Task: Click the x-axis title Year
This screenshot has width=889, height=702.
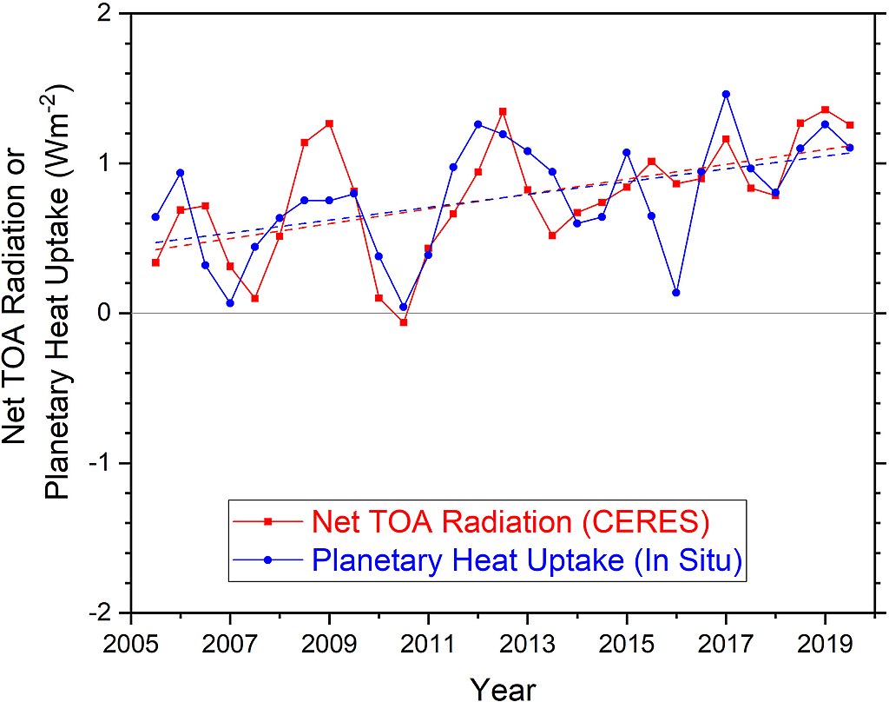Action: pos(504,688)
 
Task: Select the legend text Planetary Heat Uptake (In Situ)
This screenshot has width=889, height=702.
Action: pos(527,561)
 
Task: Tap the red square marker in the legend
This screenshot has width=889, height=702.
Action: pos(268,521)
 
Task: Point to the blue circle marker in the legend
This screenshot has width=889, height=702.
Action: pos(268,561)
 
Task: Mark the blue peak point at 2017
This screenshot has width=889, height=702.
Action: pos(726,94)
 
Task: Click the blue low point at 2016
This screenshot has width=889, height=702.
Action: pos(676,293)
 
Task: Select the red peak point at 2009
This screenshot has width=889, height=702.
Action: pos(330,123)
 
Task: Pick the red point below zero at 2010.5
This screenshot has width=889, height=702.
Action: pos(404,322)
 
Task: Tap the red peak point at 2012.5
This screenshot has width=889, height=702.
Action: pos(503,111)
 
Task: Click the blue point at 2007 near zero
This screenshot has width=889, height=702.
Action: pos(230,303)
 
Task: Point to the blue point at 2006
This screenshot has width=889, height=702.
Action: pos(181,173)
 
